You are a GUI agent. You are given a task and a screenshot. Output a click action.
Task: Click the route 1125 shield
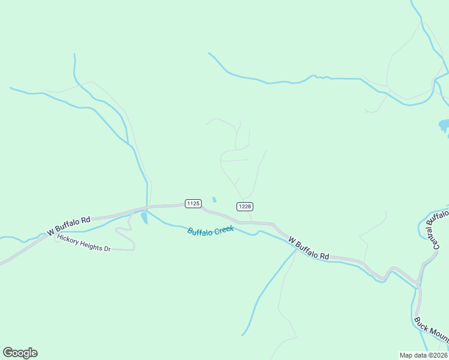tap(193, 204)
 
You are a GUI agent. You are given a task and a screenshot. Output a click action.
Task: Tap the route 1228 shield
tap(244, 206)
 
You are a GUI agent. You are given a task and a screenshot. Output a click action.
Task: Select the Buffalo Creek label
tap(211, 230)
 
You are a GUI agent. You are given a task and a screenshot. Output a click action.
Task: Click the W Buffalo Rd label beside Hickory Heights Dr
tap(68, 226)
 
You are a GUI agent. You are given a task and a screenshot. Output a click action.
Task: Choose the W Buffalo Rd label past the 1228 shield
tap(309, 247)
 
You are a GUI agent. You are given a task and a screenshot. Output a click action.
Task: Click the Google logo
tap(20, 353)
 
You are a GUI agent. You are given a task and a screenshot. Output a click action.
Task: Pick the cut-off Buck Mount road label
tap(431, 332)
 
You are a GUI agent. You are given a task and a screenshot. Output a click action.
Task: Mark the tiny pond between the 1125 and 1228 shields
tap(214, 200)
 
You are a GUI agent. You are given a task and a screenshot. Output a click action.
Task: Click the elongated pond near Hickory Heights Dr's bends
tap(144, 218)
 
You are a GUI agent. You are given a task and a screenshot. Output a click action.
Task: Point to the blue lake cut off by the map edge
tap(444, 125)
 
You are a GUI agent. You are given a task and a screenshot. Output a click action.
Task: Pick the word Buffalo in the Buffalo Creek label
tap(199, 232)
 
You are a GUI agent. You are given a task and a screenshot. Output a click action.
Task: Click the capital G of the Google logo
tap(8, 353)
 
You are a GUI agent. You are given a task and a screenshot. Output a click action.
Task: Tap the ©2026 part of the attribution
tap(436, 355)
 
